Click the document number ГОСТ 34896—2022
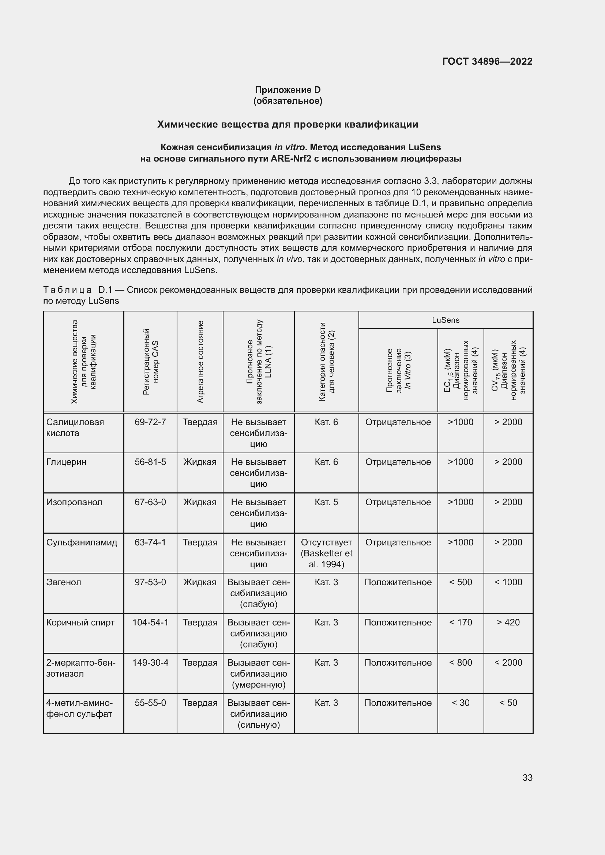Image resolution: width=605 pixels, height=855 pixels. (487, 61)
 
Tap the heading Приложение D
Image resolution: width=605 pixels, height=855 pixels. (288, 90)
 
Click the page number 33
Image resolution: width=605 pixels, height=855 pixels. (527, 778)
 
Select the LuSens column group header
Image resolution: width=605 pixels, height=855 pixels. (446, 320)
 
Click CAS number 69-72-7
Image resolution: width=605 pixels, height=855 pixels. (150, 422)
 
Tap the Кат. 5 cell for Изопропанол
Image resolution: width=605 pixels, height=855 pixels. (326, 502)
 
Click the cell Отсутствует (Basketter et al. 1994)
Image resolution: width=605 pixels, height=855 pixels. (326, 553)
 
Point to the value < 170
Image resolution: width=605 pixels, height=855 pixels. (461, 622)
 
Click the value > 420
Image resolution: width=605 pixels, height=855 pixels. (508, 622)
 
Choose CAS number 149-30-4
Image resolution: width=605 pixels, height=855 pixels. (150, 662)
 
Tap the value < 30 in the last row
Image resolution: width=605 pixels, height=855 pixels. (461, 703)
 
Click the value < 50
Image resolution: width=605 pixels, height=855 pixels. (508, 703)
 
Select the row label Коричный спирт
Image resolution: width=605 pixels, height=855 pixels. (80, 622)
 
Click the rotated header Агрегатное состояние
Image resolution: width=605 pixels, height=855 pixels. (200, 361)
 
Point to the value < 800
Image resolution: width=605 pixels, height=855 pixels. (461, 662)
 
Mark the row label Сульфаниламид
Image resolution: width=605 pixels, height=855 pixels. (82, 542)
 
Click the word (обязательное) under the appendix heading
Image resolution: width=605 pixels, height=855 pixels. (288, 101)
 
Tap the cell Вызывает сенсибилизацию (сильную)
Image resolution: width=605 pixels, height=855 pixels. (259, 714)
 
